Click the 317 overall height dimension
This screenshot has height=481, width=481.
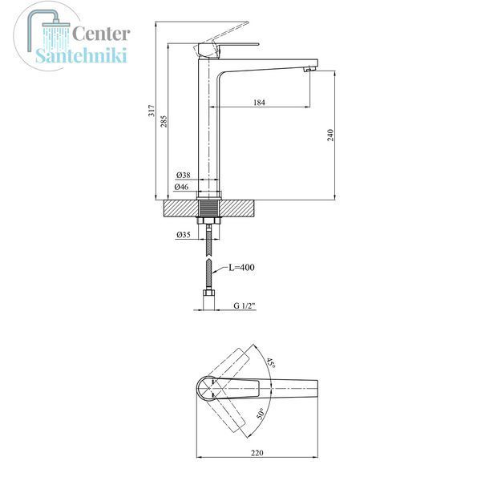click(152, 111)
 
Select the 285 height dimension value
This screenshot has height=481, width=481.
click(164, 121)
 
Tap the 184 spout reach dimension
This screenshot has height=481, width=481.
click(259, 102)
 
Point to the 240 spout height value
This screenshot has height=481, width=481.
click(330, 135)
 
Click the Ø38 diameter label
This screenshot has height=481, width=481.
click(184, 175)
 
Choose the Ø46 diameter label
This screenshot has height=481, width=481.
click(182, 187)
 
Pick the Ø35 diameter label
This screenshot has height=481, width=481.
click(184, 235)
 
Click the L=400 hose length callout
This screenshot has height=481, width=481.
click(242, 267)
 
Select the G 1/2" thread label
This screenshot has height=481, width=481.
click(245, 305)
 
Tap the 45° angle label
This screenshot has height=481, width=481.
click(271, 363)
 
